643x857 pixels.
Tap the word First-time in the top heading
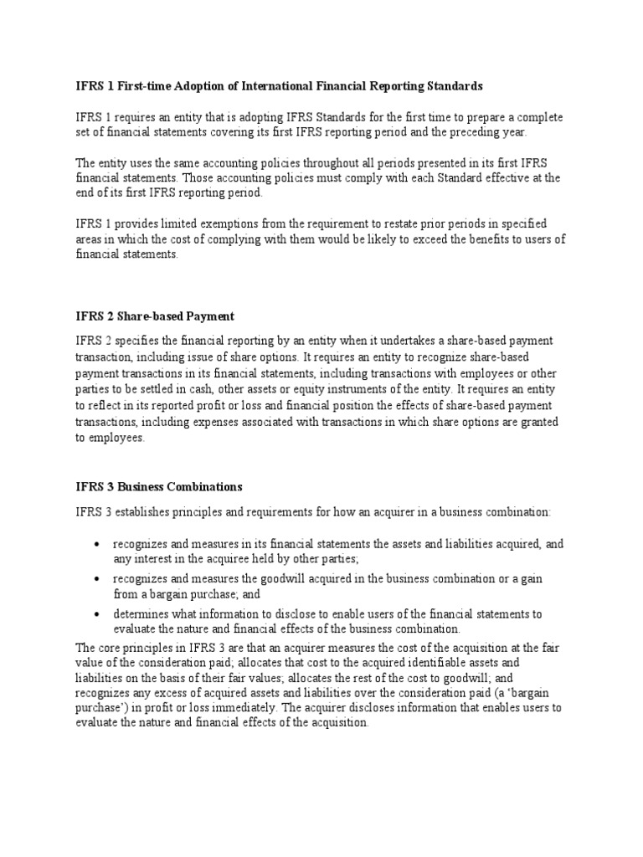pos(140,86)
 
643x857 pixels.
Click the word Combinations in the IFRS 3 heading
pos(205,486)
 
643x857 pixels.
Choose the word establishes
pos(139,511)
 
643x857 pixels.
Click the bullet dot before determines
pos(98,613)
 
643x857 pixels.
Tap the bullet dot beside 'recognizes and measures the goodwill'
pos(98,579)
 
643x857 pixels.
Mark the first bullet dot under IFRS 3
pos(98,545)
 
